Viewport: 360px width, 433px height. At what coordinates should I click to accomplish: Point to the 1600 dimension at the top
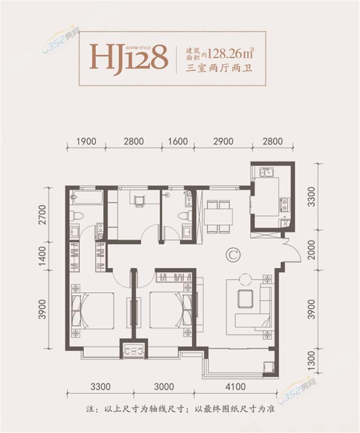[177, 141]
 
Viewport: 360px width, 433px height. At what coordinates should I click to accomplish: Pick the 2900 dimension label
[224, 141]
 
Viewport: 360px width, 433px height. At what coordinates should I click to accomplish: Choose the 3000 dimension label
[163, 388]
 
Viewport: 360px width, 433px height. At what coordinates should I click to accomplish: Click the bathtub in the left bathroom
[87, 198]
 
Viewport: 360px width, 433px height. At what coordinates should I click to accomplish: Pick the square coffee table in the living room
[245, 298]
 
